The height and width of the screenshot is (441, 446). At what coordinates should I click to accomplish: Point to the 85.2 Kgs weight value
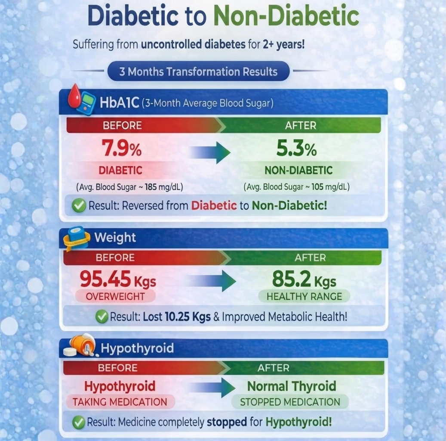pos(304,281)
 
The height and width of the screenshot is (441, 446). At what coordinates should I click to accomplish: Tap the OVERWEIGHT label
pos(115,296)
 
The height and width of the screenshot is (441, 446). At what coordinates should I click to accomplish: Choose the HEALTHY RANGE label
pos(304,296)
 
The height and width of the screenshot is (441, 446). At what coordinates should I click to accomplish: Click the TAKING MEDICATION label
pos(120,402)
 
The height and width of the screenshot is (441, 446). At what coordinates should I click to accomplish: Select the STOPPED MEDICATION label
pos(290,402)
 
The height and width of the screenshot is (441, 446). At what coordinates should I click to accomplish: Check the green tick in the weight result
pos(102,317)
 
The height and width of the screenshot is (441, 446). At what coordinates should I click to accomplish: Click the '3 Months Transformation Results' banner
pos(198,71)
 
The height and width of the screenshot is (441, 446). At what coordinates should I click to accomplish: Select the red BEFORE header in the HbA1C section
pos(122,126)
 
